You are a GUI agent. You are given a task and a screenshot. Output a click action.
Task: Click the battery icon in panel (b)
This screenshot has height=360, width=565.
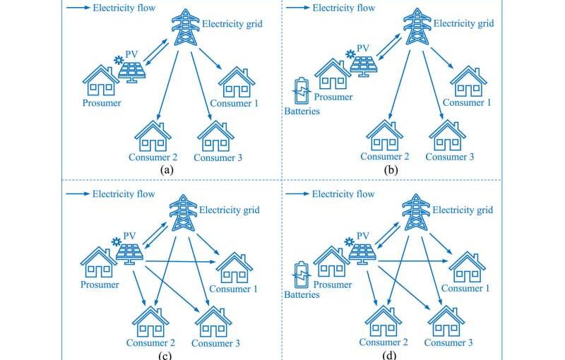(302, 90)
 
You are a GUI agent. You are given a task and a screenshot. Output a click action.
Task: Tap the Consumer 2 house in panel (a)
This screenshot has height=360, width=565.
(153, 137)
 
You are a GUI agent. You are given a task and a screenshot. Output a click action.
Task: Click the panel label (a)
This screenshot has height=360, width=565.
(167, 169)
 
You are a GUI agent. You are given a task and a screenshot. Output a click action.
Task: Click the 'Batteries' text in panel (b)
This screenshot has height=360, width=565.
(302, 111)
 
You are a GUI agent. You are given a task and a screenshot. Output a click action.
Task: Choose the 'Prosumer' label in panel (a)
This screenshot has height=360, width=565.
(101, 103)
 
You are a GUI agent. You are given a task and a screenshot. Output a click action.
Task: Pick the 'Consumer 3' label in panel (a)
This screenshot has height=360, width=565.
(218, 157)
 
